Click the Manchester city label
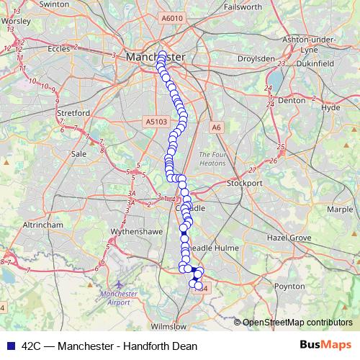click(154, 55)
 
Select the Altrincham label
click(42, 225)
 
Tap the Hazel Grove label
click(288, 237)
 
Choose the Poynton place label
click(289, 286)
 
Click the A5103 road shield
click(156, 123)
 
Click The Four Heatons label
click(213, 158)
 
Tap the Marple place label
click(340, 209)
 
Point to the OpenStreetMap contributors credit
click(297, 322)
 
